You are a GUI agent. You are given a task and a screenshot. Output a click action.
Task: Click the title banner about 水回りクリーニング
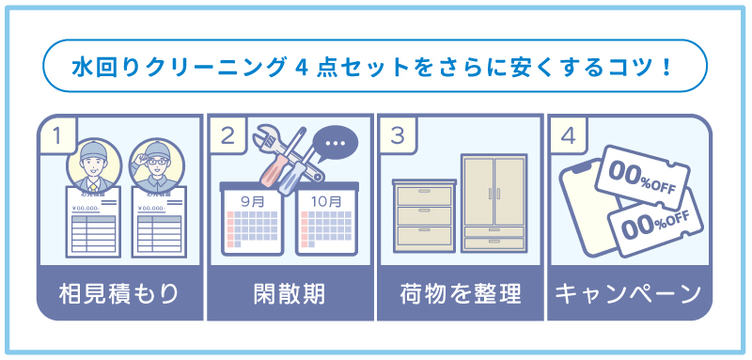[x=375, y=67]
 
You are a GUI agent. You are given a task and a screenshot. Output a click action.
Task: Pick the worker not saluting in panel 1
[x=91, y=165]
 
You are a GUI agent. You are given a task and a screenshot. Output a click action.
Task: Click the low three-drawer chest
[x=424, y=214]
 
